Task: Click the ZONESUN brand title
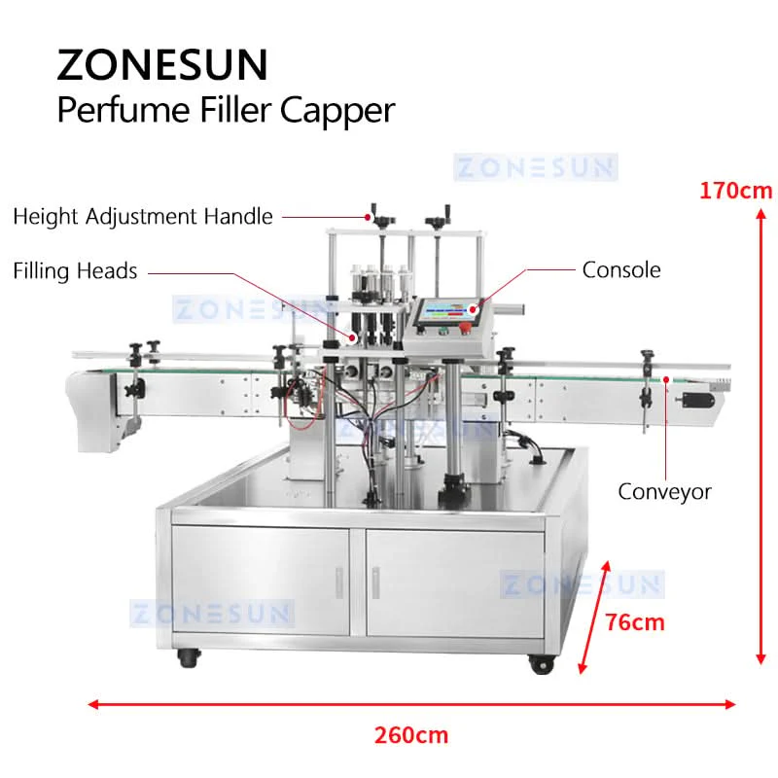tap(162, 64)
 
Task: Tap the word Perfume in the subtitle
tap(124, 110)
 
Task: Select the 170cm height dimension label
tap(735, 191)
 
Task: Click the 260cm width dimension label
tap(411, 735)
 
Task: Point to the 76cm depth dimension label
tap(635, 622)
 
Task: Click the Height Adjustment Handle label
tap(143, 217)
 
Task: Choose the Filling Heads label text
tap(75, 271)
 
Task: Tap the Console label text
tap(621, 270)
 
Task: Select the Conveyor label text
tap(664, 492)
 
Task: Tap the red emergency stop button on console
tap(465, 328)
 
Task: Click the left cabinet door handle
tap(339, 583)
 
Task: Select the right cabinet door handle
tap(375, 583)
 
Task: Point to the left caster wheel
tap(189, 658)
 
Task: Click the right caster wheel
tap(541, 664)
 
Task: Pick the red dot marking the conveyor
tap(666, 379)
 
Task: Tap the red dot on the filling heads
tap(352, 337)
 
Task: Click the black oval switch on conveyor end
tap(698, 400)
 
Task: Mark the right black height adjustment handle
tap(440, 218)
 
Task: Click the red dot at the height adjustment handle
tap(368, 217)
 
